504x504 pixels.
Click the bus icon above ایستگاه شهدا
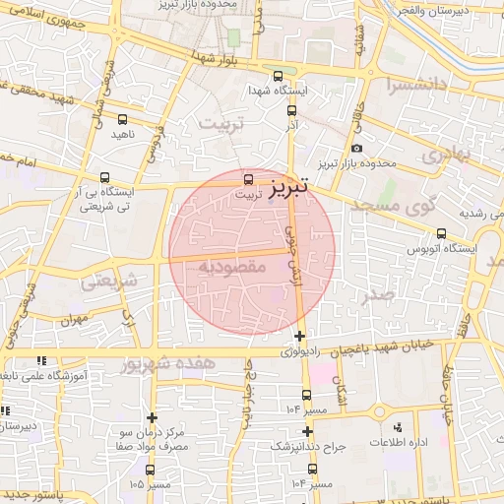coord(279,75)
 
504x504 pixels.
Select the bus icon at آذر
coord(291,113)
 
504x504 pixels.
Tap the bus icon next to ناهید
coord(152,128)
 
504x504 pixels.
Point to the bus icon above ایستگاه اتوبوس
coord(441,233)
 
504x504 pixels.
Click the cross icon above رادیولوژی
coord(299,337)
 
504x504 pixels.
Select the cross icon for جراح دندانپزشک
coord(308,431)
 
